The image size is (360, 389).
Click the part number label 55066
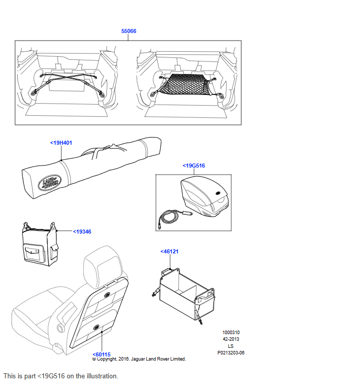coord(128,31)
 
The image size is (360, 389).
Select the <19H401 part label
coord(61,143)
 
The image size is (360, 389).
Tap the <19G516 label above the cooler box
coord(193,166)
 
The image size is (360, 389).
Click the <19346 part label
coord(82,232)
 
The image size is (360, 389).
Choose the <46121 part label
coord(169,251)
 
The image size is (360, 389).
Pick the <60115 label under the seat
coord(101,354)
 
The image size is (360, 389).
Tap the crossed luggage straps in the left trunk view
coord(68,83)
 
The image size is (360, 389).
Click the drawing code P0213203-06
coord(231,353)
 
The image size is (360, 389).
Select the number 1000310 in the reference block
coord(231,333)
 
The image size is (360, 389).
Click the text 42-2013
coord(231,339)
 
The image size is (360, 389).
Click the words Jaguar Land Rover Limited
coord(158,359)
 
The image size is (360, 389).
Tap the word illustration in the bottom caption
coord(102,376)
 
